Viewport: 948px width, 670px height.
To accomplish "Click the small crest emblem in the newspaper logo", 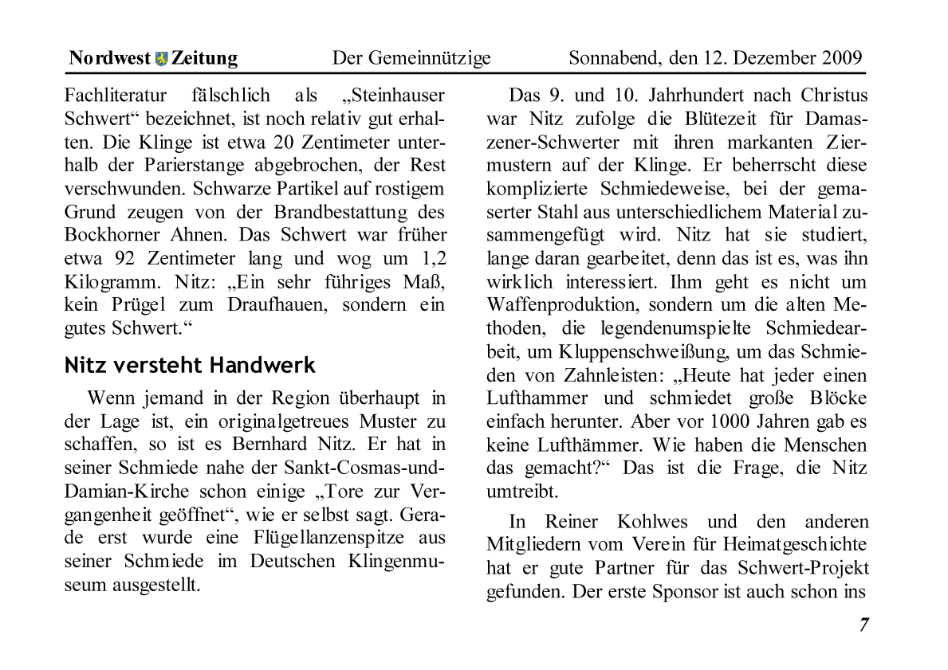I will tap(162, 58).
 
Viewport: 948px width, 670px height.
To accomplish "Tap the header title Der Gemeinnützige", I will tap(411, 58).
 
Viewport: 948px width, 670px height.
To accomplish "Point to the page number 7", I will tap(863, 625).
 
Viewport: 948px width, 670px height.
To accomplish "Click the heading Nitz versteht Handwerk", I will tap(190, 366).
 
